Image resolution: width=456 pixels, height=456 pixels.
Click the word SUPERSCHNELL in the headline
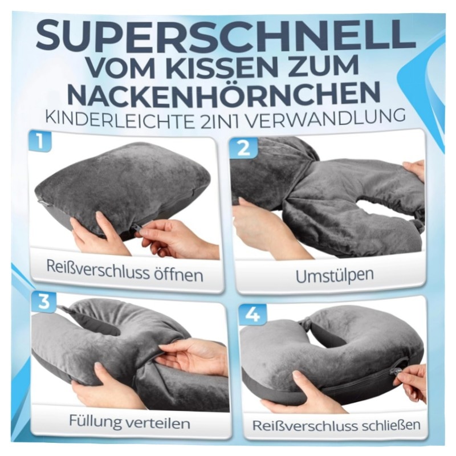tap(226, 36)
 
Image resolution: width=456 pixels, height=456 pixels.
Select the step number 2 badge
tap(244, 148)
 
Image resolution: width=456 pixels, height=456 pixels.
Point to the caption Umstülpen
tap(335, 275)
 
